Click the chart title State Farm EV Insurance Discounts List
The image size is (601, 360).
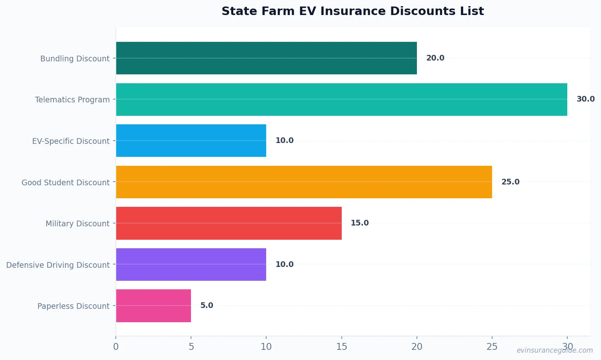click(x=352, y=11)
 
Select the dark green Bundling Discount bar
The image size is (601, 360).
click(x=266, y=58)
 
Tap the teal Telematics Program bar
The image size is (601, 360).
click(x=341, y=100)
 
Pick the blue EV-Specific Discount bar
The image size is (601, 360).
click(x=191, y=141)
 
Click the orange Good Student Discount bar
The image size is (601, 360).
click(x=304, y=182)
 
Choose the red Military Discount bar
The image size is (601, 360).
click(x=229, y=223)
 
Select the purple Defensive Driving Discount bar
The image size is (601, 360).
click(x=191, y=265)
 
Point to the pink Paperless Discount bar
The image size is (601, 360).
click(x=154, y=306)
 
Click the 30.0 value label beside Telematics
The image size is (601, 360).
click(x=585, y=99)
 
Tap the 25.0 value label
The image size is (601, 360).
click(x=510, y=182)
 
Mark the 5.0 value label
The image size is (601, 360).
click(x=206, y=306)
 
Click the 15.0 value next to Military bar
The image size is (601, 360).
click(x=360, y=223)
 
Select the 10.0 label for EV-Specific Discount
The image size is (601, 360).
click(x=284, y=141)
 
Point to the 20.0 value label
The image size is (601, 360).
click(x=435, y=58)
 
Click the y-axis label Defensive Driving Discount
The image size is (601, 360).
click(x=58, y=265)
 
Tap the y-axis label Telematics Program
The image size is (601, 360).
click(x=72, y=100)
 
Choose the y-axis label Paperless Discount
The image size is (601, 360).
click(x=73, y=306)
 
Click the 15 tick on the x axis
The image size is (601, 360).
click(x=341, y=347)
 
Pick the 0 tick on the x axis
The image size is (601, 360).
click(x=116, y=347)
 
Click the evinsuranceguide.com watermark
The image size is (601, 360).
click(x=554, y=350)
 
